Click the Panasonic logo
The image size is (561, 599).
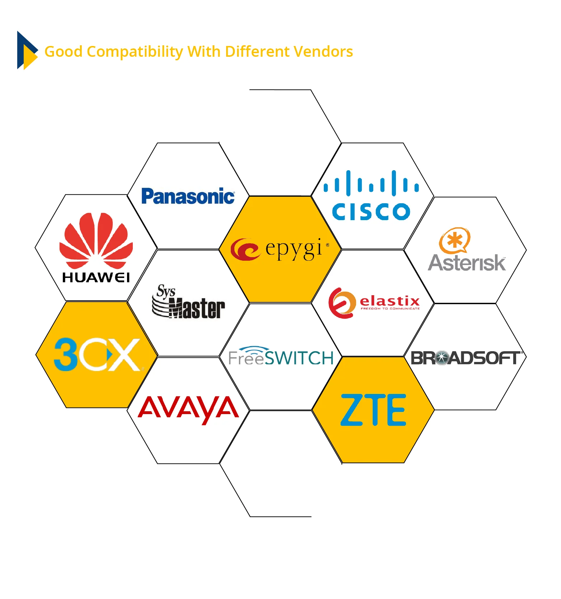point(188,196)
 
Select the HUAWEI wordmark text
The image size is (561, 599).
point(96,278)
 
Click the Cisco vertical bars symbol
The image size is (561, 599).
point(371,184)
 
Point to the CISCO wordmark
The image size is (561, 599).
point(371,212)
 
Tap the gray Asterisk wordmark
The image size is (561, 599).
point(467,263)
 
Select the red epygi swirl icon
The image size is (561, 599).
point(245,249)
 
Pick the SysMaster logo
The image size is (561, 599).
point(188,302)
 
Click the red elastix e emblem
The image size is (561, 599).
point(341,303)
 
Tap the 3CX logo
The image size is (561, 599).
point(97,355)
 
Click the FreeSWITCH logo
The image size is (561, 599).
point(281,356)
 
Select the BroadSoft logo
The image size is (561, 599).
point(466,358)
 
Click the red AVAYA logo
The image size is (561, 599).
point(188,409)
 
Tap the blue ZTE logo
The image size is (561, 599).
point(373,410)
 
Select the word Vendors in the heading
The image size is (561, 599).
point(324,52)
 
